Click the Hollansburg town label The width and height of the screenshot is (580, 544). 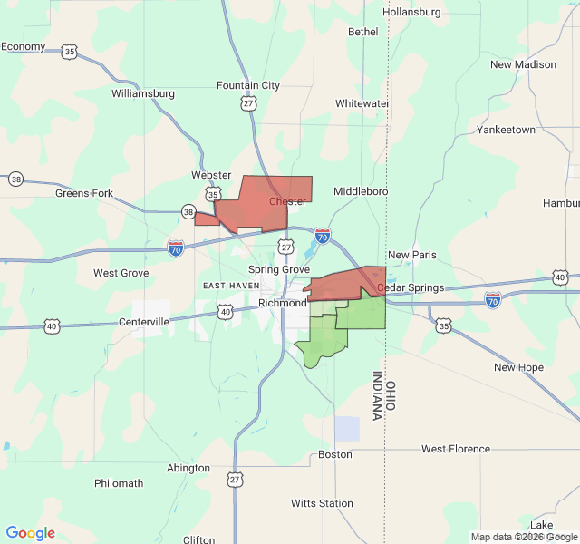click(x=411, y=12)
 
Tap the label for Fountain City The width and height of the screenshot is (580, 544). click(x=248, y=85)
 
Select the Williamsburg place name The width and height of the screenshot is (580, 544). click(x=142, y=93)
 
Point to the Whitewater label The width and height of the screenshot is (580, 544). click(x=362, y=103)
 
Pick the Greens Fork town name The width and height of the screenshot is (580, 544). click(x=84, y=193)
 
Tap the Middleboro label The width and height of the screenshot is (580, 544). click(x=361, y=191)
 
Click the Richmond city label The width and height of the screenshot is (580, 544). click(x=282, y=303)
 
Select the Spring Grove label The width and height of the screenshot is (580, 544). click(x=279, y=269)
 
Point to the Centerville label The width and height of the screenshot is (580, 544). click(x=144, y=322)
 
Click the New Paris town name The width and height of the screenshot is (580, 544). click(x=411, y=255)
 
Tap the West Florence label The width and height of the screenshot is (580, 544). click(x=456, y=449)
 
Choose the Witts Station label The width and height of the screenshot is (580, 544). click(x=322, y=503)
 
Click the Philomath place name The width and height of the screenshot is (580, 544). click(x=119, y=483)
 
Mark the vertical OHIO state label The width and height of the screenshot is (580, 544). click(x=391, y=396)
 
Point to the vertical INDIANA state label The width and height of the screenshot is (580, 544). click(x=377, y=396)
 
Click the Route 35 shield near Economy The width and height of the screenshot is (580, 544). click(x=70, y=53)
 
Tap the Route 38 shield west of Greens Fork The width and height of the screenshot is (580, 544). click(x=15, y=180)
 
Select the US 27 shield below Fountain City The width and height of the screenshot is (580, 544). click(x=248, y=103)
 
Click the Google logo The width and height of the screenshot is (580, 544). click(x=31, y=533)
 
